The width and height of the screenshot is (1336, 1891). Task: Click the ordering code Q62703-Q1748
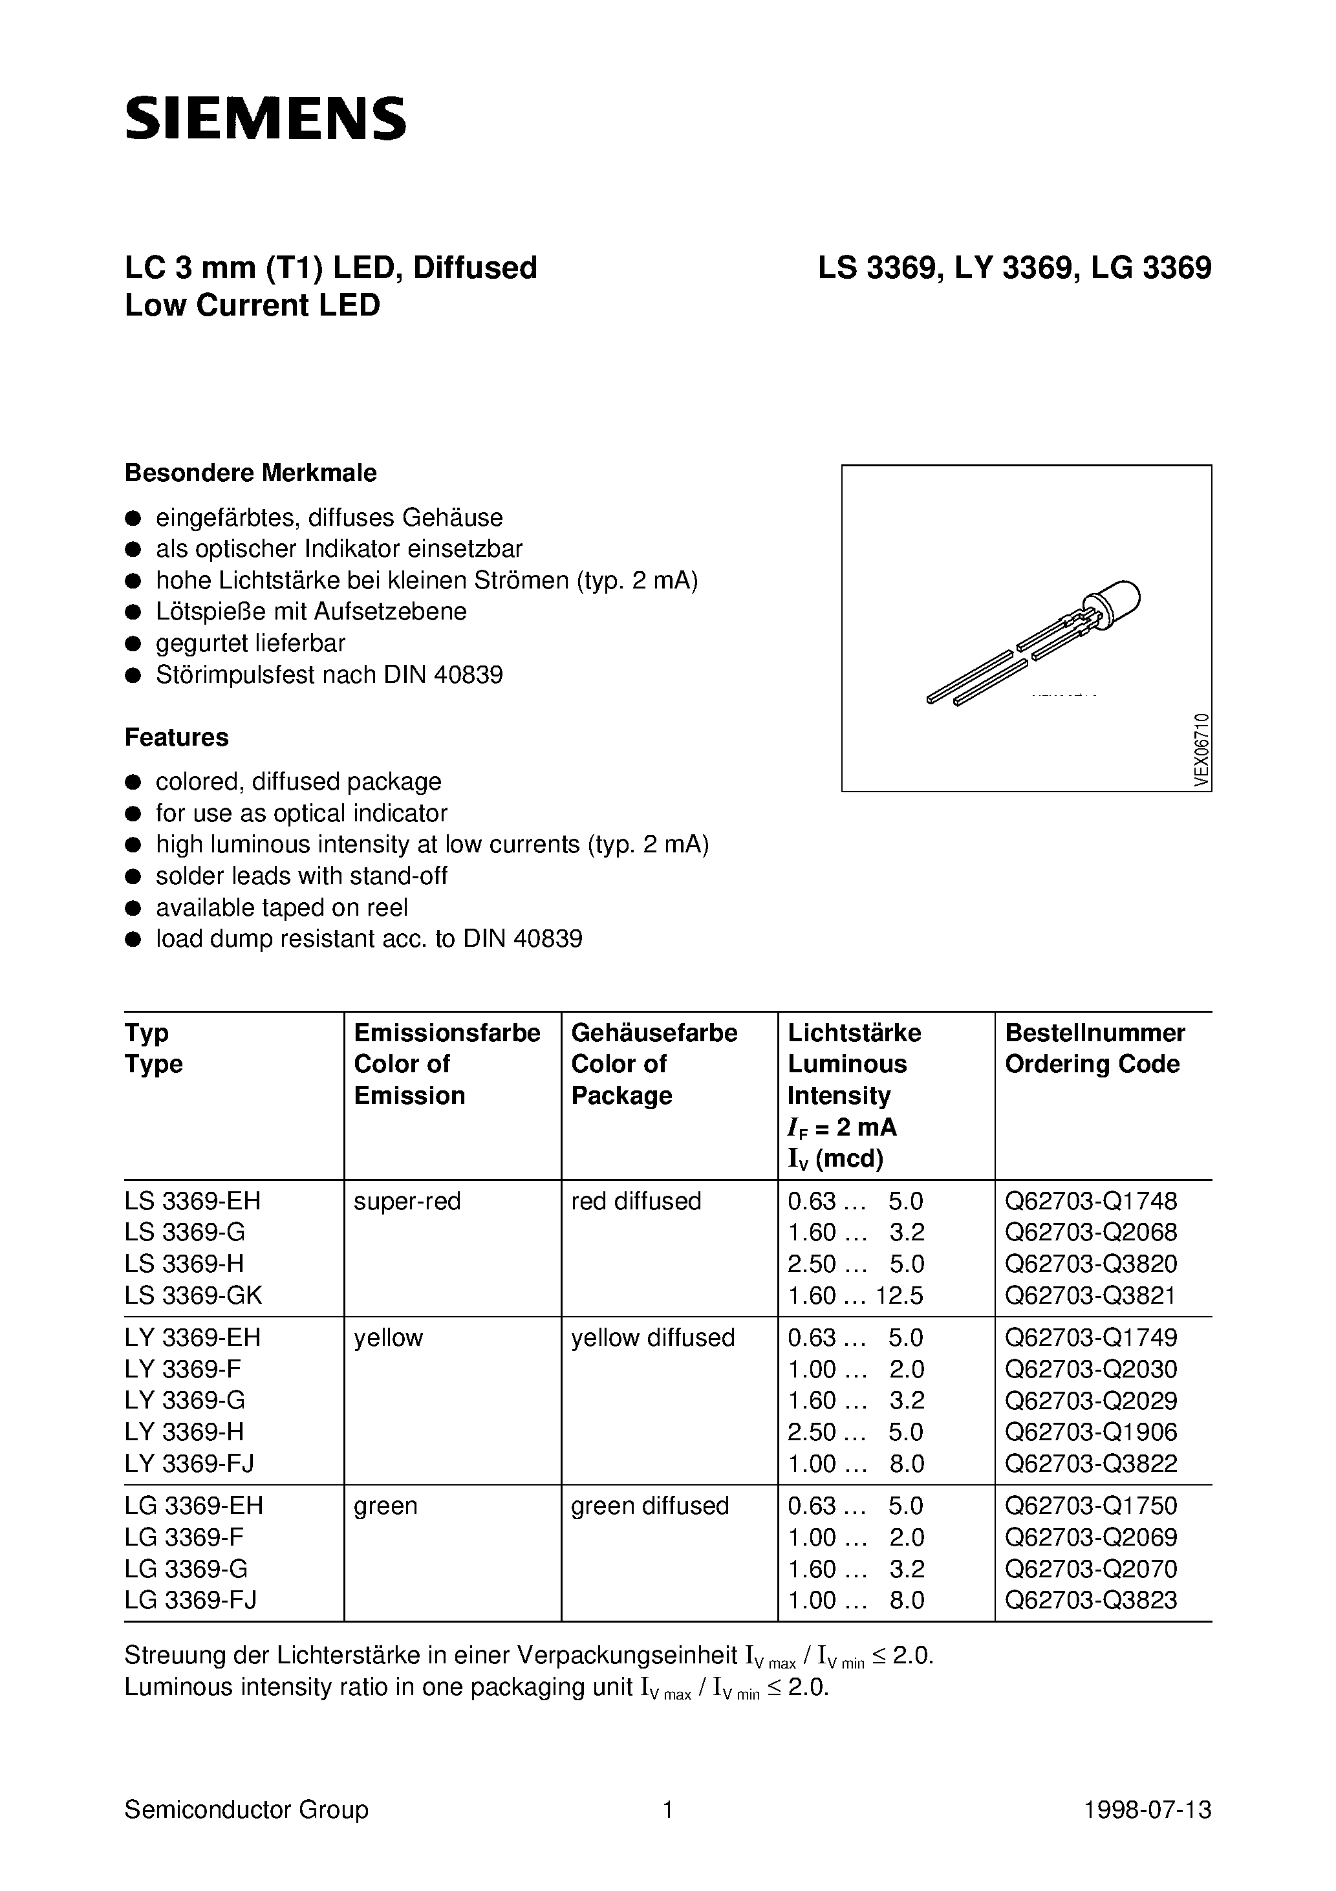click(1090, 1202)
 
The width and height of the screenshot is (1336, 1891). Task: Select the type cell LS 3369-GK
click(193, 1295)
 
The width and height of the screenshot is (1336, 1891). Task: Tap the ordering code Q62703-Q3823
click(1090, 1600)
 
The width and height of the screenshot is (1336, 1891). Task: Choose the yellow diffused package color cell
click(652, 1337)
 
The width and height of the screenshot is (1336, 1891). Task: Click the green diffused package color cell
click(650, 1506)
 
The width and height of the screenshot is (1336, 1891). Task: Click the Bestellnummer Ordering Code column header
click(1095, 1048)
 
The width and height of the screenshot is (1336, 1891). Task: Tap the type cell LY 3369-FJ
click(189, 1464)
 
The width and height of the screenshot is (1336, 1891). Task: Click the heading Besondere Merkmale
click(250, 473)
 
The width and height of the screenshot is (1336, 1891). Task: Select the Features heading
click(177, 737)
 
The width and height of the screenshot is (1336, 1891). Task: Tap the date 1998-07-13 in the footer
click(1147, 1810)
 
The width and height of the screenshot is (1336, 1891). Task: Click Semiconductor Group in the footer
click(246, 1810)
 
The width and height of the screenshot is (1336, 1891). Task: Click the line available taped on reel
click(282, 907)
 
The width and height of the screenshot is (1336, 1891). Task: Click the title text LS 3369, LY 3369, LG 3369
click(1014, 268)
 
